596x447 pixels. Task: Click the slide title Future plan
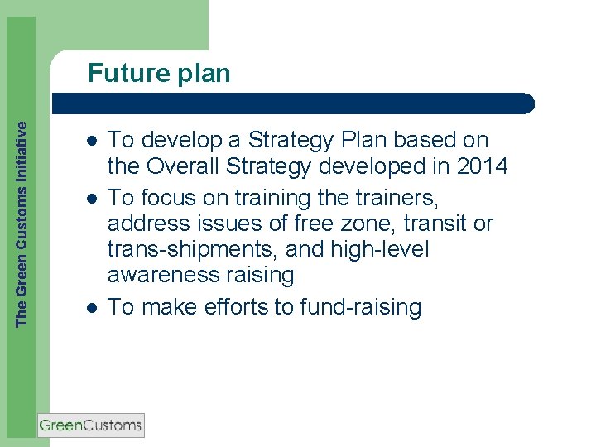pos(159,74)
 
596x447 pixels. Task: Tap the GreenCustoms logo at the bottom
pos(91,425)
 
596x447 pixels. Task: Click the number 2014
pos(482,167)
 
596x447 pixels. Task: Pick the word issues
pos(233,223)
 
